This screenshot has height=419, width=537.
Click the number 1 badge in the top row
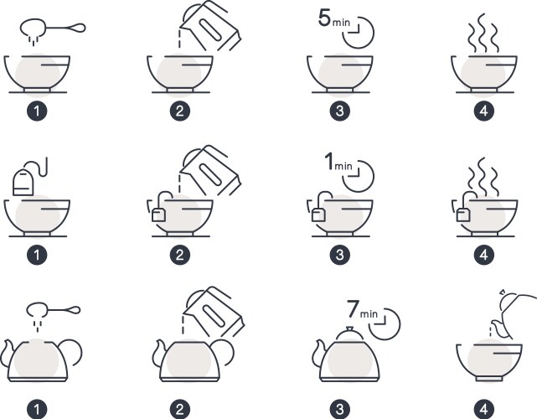click(36, 110)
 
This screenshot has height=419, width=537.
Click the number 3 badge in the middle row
click(340, 252)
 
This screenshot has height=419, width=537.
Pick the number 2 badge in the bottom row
click(180, 408)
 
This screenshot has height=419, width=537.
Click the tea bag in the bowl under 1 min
click(318, 215)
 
